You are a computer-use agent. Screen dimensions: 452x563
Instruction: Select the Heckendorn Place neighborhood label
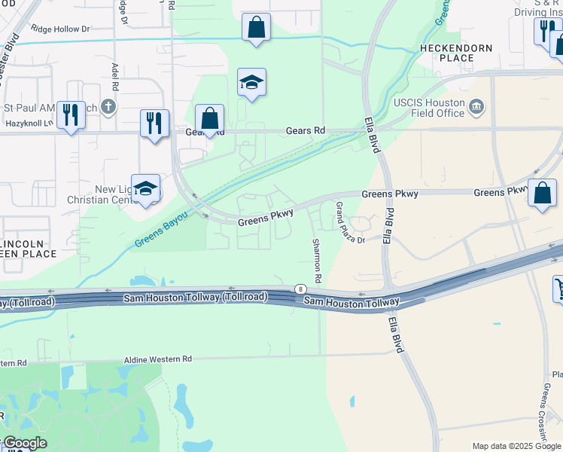tap(455, 53)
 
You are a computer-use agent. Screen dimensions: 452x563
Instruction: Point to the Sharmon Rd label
tap(317, 261)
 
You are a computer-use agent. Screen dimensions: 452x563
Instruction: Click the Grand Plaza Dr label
tap(348, 222)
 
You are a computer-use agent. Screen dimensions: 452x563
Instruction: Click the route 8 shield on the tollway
tap(301, 289)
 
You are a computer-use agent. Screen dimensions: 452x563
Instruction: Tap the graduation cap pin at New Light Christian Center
tap(145, 189)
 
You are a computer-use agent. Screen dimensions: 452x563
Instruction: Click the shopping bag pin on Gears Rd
tap(209, 119)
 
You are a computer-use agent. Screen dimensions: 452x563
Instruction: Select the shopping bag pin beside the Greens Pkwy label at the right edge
tap(542, 193)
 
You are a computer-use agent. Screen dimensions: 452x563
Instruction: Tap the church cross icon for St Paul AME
tap(108, 107)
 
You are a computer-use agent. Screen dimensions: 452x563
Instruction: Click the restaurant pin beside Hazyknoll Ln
tap(71, 115)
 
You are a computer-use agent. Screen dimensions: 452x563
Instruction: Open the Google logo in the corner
tap(25, 443)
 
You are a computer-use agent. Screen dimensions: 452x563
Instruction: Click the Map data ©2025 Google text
tap(516, 446)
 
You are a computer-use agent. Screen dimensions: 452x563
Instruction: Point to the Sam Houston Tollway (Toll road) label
tap(195, 298)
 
